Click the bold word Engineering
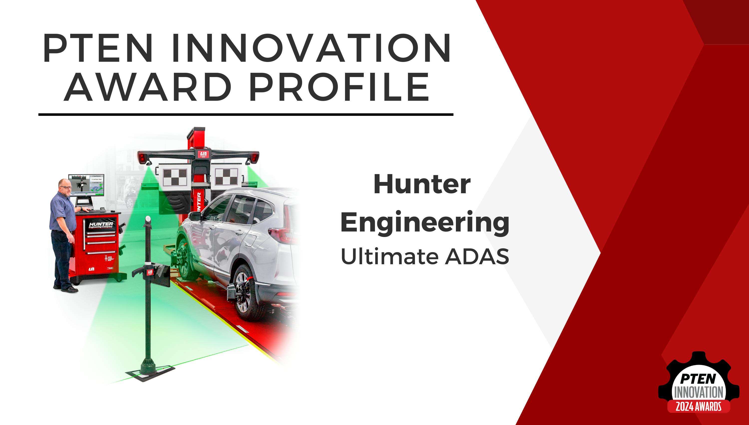[425, 223]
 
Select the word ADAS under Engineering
[477, 257]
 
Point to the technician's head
[65, 186]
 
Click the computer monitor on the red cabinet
[86, 185]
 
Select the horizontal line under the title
[246, 114]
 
